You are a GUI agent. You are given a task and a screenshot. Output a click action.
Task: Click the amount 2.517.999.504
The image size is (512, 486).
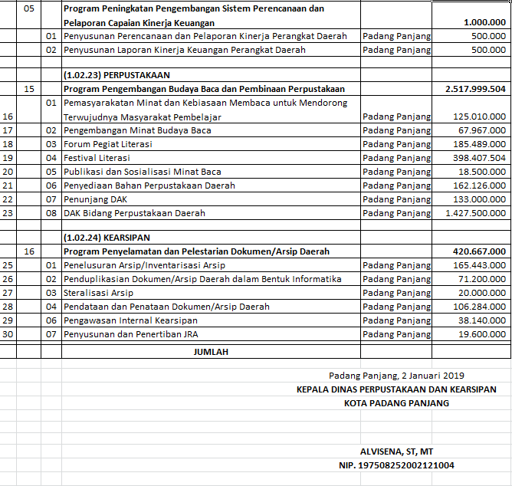pos(475,89)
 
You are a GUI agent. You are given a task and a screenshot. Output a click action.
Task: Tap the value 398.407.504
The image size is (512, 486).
pos(479,158)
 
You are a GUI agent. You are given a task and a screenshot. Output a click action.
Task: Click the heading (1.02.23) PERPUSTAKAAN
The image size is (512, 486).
pos(117,75)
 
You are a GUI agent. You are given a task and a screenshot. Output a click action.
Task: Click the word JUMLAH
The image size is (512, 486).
pos(211,352)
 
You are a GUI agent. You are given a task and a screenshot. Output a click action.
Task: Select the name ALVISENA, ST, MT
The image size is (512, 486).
pos(396,452)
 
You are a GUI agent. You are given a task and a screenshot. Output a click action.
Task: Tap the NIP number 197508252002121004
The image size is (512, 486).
pos(396,465)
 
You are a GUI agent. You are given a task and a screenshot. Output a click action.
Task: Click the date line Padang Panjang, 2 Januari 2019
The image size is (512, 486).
pos(396,376)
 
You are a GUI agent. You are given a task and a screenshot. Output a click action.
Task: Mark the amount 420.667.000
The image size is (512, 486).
pos(479,251)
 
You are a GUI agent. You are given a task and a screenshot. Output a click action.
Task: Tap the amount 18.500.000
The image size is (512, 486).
pos(482,172)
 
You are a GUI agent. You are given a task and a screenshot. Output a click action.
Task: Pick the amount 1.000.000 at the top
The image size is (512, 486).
pos(484,23)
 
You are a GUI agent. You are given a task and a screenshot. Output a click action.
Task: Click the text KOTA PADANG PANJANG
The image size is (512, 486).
pos(396,403)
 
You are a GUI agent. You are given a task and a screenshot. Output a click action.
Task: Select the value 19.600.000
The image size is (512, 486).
pos(482,334)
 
